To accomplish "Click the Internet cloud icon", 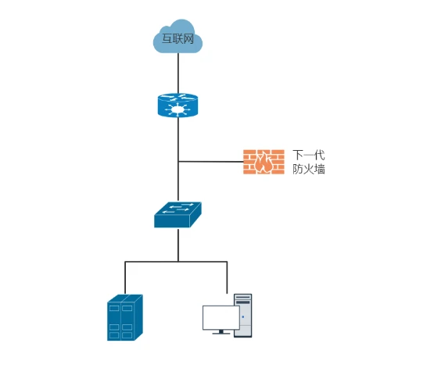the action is [178, 36].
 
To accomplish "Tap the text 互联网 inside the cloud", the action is [178, 39].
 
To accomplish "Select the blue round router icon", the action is [178, 105].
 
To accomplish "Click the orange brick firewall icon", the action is [264, 162].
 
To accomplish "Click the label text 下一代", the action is [309, 155].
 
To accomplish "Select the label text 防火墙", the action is [309, 170].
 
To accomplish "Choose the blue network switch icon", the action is [178, 215].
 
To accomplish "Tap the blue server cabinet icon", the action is [125, 317].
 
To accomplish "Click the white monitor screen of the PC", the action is [221, 317].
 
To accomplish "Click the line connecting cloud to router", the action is [178, 73].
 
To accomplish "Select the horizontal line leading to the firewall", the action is [211, 161].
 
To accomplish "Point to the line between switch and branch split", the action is [178, 245].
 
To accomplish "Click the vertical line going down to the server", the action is [125, 277].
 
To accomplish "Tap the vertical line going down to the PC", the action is [227, 277].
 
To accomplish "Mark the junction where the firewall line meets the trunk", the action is [178, 161].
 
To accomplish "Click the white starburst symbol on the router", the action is [178, 109].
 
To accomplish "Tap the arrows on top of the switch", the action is [178, 208].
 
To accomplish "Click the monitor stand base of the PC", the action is [221, 334].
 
